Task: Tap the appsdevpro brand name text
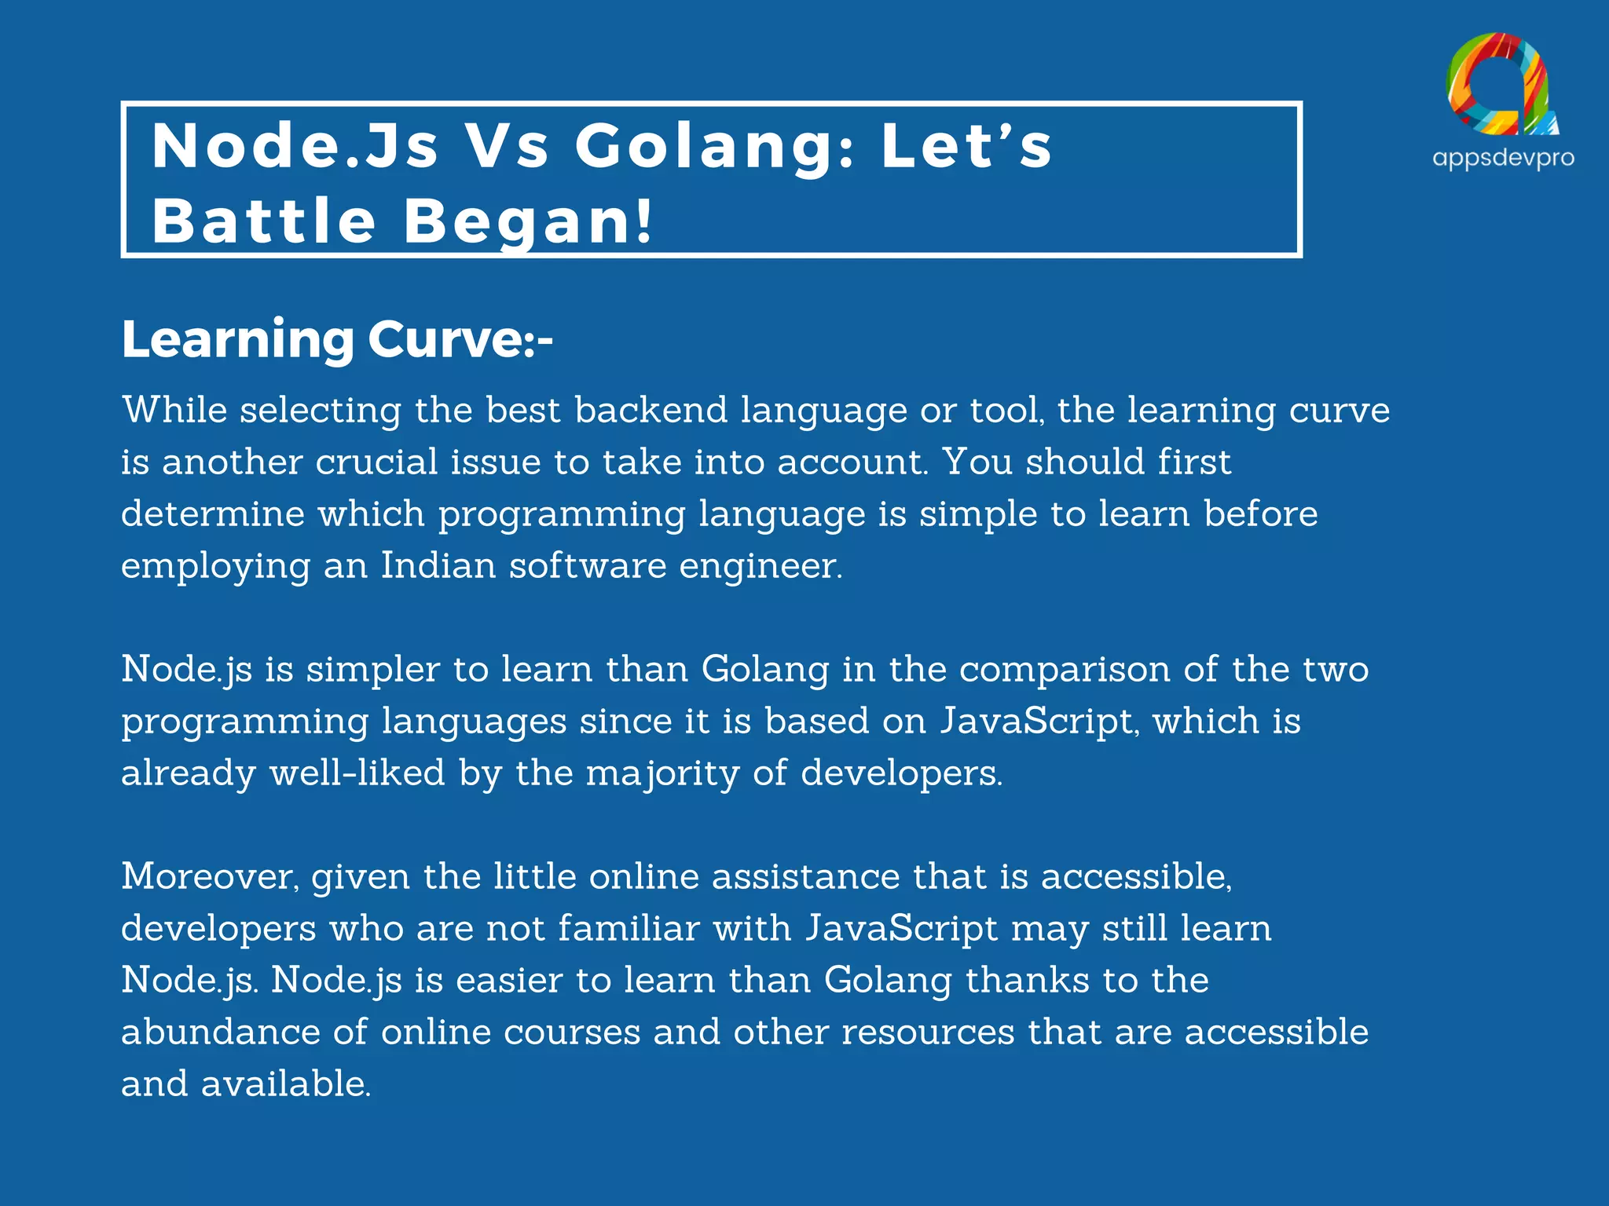coord(1503,158)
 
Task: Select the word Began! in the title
coord(528,221)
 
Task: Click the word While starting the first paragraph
coord(174,410)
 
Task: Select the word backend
coord(651,410)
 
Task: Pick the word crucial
coord(376,462)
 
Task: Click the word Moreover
coord(210,876)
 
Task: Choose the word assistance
coord(805,876)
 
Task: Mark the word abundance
coord(221,1032)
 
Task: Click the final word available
coord(286,1084)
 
